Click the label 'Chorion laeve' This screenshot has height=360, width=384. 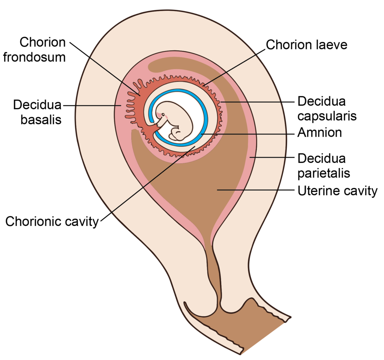(x=307, y=45)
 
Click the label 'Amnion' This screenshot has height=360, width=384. (x=319, y=133)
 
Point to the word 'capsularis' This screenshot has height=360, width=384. (x=327, y=116)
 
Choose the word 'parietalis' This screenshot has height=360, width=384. (x=324, y=173)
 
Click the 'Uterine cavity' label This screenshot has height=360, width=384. (x=337, y=191)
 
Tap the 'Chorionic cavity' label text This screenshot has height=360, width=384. (x=52, y=221)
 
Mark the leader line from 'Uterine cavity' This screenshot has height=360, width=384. (x=255, y=190)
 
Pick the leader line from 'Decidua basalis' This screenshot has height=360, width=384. (x=92, y=106)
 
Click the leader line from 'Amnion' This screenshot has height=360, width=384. (x=247, y=133)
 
